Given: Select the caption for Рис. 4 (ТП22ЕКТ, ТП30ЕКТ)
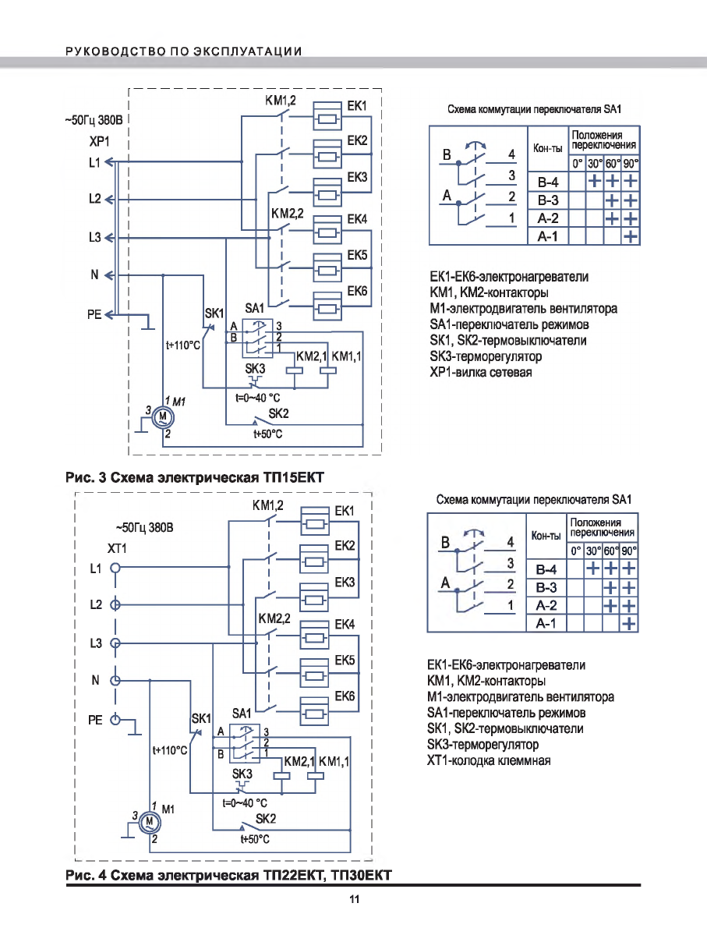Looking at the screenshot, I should [x=227, y=876].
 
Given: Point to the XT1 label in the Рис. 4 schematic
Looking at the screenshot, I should [x=115, y=549].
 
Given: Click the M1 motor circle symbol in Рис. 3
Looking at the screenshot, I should [x=163, y=416].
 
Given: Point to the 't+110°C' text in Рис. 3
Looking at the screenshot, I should [x=183, y=344].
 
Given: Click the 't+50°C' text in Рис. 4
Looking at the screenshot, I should [x=255, y=840].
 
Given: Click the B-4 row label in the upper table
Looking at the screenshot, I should [x=547, y=182].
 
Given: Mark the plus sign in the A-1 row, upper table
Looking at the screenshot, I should [x=630, y=236].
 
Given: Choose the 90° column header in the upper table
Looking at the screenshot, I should [x=630, y=164].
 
